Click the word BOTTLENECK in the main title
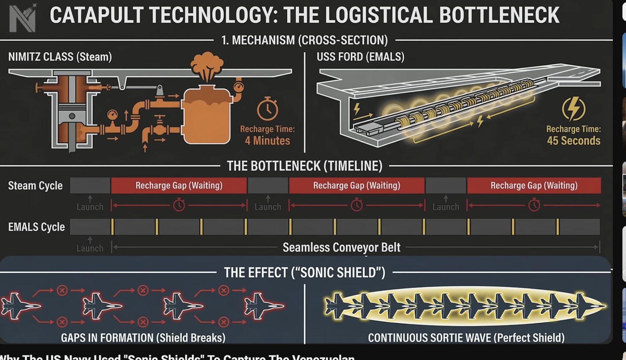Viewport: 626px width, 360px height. tap(499, 15)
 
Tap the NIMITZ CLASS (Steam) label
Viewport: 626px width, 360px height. tap(60, 57)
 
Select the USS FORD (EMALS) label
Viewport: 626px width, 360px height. tap(360, 57)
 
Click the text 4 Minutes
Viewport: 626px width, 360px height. tap(267, 141)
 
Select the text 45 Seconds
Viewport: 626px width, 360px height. tap(573, 141)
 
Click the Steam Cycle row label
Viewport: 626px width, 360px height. tap(35, 186)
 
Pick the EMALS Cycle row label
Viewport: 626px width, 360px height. tap(36, 227)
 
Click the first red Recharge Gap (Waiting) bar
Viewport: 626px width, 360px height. tap(179, 186)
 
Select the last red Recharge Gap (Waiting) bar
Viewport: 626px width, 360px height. tap(534, 186)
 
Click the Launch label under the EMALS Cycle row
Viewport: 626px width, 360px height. tap(90, 248)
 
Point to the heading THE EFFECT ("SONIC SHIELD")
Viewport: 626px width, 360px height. tap(304, 272)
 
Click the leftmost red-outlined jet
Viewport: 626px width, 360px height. tap(20, 306)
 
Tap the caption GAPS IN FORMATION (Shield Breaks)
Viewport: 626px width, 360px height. tap(143, 338)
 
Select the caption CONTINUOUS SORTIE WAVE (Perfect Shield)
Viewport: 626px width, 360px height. tap(466, 338)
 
